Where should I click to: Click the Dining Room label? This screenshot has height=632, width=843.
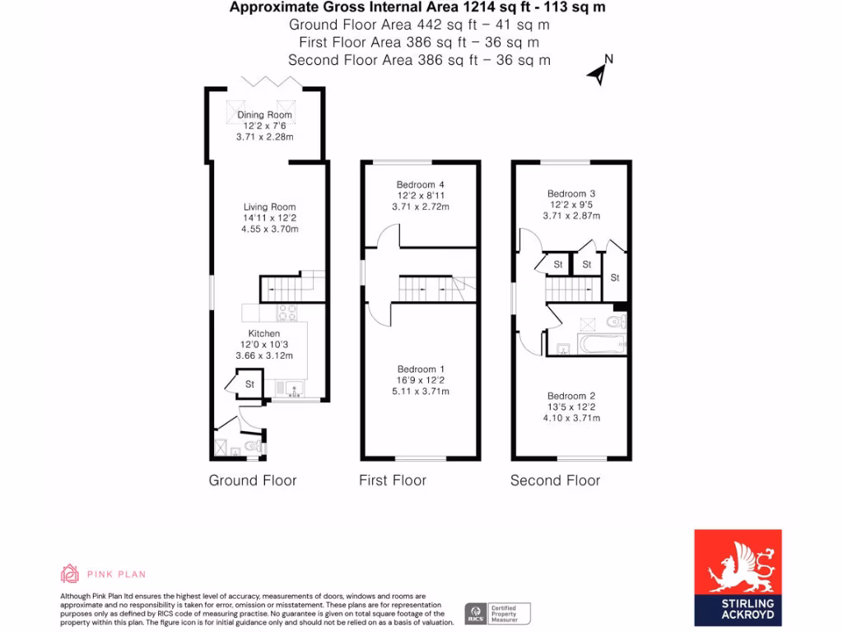[265, 114]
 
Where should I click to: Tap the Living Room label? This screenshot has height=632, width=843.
[269, 207]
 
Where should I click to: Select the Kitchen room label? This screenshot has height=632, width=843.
[265, 333]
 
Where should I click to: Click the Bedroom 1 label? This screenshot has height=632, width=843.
[421, 369]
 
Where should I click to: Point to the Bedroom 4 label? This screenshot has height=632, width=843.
[421, 184]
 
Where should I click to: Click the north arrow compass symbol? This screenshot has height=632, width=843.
[600, 72]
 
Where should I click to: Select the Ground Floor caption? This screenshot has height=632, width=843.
[253, 481]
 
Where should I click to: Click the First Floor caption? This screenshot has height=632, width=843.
[393, 481]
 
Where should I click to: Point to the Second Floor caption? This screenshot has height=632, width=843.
[556, 481]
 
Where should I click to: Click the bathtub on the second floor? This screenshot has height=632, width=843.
[602, 344]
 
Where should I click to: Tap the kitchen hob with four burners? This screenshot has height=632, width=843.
[286, 312]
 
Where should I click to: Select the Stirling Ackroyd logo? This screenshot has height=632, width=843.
[738, 577]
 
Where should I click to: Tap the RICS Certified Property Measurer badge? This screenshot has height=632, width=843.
[498, 613]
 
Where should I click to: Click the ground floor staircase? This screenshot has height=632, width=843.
[293, 286]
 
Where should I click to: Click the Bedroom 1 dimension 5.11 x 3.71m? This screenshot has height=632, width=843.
[421, 391]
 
